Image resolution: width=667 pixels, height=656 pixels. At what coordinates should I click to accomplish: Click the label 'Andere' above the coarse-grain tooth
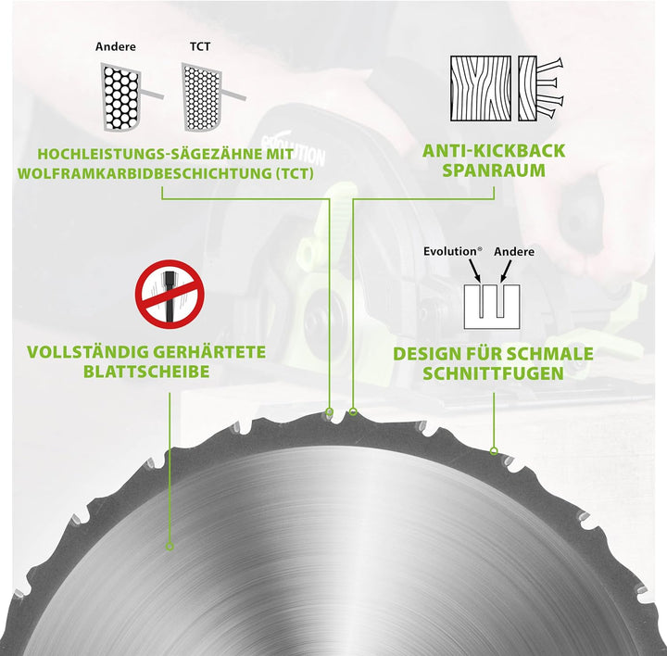click(x=115, y=46)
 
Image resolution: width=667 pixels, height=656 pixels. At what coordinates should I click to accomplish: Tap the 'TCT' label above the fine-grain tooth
click(x=200, y=46)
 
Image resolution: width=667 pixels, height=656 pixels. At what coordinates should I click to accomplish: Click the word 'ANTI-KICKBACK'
click(x=494, y=151)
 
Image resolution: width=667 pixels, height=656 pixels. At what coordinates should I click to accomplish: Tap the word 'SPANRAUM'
click(x=494, y=170)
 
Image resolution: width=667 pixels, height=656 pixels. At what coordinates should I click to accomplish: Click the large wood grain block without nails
click(x=481, y=89)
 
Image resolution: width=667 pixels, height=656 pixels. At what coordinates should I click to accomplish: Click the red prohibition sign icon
click(x=170, y=295)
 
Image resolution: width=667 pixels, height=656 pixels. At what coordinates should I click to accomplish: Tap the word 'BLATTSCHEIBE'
click(x=146, y=372)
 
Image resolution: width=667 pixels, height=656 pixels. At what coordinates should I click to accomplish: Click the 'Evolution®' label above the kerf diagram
click(x=453, y=251)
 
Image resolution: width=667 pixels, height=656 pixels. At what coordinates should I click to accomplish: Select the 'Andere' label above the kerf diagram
click(x=514, y=252)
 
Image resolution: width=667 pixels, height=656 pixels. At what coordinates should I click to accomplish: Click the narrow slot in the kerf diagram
click(x=481, y=301)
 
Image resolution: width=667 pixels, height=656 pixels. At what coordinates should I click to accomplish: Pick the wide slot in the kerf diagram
click(x=500, y=301)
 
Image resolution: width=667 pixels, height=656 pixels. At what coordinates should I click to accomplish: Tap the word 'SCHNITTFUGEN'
click(x=493, y=373)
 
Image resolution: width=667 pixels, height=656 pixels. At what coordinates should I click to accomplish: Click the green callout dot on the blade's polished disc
click(x=170, y=547)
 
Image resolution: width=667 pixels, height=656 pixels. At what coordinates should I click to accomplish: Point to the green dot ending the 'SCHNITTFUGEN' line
click(x=494, y=451)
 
